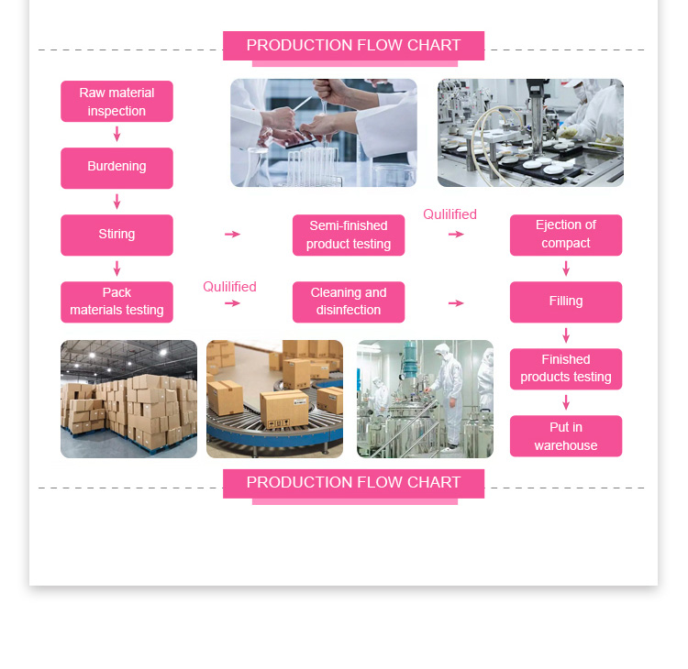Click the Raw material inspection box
click(x=117, y=102)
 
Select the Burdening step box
click(x=117, y=168)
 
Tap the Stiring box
click(x=117, y=235)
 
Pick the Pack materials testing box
click(x=117, y=302)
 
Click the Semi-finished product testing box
click(x=349, y=235)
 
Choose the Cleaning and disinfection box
click(x=349, y=302)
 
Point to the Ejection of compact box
click(x=566, y=235)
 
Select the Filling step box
click(x=566, y=302)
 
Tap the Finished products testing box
click(x=566, y=368)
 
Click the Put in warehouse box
click(x=566, y=436)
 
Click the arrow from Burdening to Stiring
click(x=117, y=202)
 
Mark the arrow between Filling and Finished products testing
click(x=566, y=335)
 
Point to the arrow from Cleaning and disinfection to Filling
click(x=456, y=303)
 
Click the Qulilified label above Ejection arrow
click(x=449, y=214)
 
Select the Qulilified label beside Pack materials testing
click(x=229, y=287)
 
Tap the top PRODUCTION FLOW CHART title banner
click(x=353, y=46)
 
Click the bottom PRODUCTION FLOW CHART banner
click(x=353, y=483)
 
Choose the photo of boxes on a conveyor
click(x=274, y=399)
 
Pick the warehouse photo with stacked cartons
click(x=128, y=399)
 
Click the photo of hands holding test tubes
click(x=323, y=133)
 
